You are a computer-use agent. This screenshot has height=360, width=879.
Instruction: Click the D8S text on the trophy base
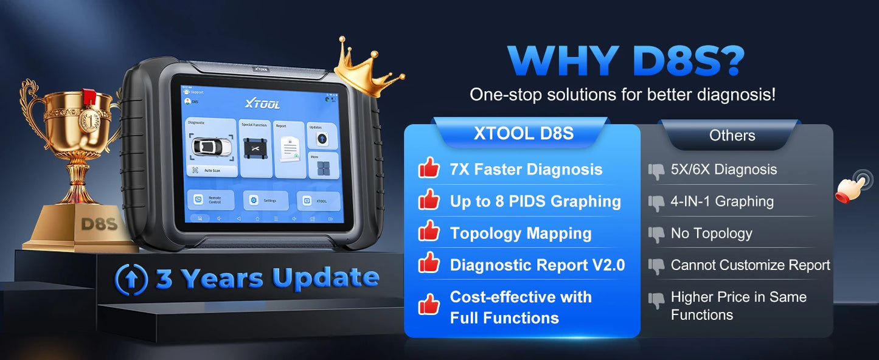tap(99, 224)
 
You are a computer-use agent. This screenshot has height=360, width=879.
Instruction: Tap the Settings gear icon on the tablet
tap(254, 200)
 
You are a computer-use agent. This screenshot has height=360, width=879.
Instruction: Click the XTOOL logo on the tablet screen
tap(262, 104)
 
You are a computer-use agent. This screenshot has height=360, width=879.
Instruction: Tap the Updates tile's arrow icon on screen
tap(322, 138)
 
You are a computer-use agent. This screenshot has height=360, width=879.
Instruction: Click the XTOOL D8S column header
tap(523, 134)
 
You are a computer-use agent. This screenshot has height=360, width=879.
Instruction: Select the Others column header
tap(732, 136)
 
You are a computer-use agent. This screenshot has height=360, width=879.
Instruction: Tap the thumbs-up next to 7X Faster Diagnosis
tap(429, 168)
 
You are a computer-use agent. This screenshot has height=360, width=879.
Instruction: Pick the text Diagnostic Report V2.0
tap(537, 265)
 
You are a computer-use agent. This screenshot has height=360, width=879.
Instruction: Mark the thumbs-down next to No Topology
tap(656, 234)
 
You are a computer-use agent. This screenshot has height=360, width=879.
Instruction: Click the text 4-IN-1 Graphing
tap(722, 201)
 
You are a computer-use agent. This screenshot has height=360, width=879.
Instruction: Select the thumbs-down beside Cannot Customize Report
tap(656, 266)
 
